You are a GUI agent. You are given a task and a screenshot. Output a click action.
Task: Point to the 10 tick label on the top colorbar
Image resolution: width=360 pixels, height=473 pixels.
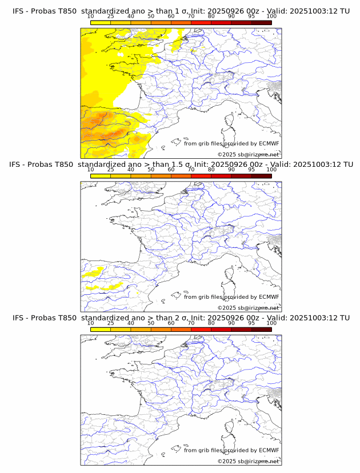coord(91,17)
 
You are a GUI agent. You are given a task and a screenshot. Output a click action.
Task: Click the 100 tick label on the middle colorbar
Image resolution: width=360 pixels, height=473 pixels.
coord(271,170)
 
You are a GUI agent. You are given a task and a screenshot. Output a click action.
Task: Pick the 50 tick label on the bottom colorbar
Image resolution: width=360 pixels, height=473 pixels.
coord(151,323)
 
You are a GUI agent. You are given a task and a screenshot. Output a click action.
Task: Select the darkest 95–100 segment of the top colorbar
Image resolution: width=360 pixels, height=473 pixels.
coord(261,22)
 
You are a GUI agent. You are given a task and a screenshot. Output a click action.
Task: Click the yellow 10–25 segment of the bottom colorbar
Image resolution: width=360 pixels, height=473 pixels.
coord(101,329)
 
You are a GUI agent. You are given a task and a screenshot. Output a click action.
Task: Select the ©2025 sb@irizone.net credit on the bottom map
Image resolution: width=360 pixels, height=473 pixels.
coord(249,460)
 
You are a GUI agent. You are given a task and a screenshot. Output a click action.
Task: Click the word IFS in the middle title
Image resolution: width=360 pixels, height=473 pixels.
coord(18,165)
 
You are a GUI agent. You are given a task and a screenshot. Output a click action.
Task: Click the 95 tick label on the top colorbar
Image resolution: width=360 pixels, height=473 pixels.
coord(251,17)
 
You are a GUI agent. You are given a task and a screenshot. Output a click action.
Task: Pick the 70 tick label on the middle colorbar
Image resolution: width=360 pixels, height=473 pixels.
coord(191,170)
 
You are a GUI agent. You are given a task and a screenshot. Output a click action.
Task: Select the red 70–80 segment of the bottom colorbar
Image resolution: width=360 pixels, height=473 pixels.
coord(201,329)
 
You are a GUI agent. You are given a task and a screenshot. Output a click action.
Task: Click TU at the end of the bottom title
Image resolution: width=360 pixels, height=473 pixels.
coord(345,318)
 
